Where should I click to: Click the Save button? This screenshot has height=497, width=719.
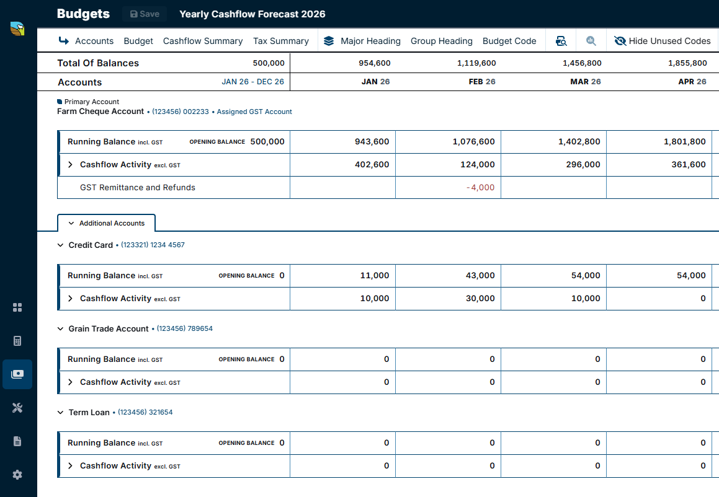pos(145,14)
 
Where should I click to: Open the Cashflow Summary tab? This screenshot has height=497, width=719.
pos(203,42)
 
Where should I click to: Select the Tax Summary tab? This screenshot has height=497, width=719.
pos(281,42)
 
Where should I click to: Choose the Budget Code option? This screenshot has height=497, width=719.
pos(509,42)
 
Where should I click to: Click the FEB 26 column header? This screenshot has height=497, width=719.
pos(482,82)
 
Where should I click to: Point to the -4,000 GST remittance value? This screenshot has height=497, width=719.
pos(480,187)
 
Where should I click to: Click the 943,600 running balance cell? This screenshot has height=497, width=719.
pos(372,141)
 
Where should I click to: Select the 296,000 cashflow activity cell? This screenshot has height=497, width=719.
pos(583,164)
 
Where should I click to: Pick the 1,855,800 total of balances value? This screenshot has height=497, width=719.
pos(687,63)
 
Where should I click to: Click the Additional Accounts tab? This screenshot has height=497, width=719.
pos(106,223)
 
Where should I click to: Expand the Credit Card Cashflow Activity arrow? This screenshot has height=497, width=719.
pos(70,299)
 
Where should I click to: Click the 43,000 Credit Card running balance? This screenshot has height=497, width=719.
pos(480,275)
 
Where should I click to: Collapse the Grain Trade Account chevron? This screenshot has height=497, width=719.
pos(60,328)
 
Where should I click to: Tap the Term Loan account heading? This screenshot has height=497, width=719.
pos(89,412)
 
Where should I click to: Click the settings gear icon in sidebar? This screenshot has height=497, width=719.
pos(17,475)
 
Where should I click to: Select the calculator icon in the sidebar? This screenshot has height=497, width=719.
pos(17,341)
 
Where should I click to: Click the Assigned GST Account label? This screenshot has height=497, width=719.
pos(254,112)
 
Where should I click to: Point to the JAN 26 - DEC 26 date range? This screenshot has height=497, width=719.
pos(252,82)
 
